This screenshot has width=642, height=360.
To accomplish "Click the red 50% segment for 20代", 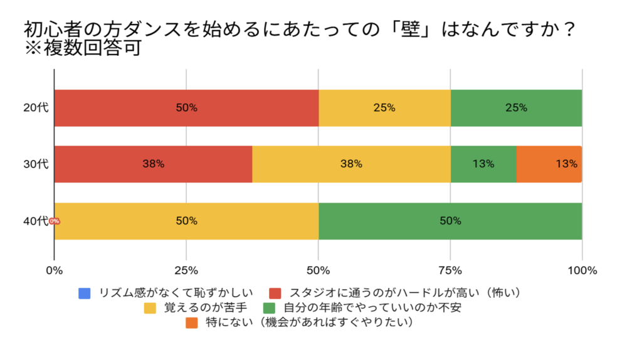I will [186, 108].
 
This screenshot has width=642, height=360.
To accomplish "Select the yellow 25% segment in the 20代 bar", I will [384, 108].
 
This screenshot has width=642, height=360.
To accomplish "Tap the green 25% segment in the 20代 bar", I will [516, 108].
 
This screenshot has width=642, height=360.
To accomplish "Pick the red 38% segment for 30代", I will [153, 164].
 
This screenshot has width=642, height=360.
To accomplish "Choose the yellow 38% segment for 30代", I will [351, 164].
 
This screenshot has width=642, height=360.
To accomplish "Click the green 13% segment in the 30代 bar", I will [483, 164].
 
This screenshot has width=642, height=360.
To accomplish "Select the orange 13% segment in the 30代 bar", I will [549, 164].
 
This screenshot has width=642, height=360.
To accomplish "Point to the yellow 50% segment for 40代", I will [186, 221].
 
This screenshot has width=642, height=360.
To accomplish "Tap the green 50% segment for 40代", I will [450, 221].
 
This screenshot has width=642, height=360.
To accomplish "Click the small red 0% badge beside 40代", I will [55, 221].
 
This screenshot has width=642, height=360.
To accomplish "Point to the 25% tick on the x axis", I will [186, 271].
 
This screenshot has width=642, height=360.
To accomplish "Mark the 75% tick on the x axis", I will [450, 271].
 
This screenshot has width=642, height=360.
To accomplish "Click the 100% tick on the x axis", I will [582, 271].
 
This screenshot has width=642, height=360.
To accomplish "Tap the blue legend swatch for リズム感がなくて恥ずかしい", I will [85, 293].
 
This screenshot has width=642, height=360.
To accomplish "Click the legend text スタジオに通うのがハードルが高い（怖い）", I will [404, 293].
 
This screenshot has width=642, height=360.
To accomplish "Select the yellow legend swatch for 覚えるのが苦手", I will [150, 308].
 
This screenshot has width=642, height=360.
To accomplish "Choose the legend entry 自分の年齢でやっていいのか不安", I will [372, 308].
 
